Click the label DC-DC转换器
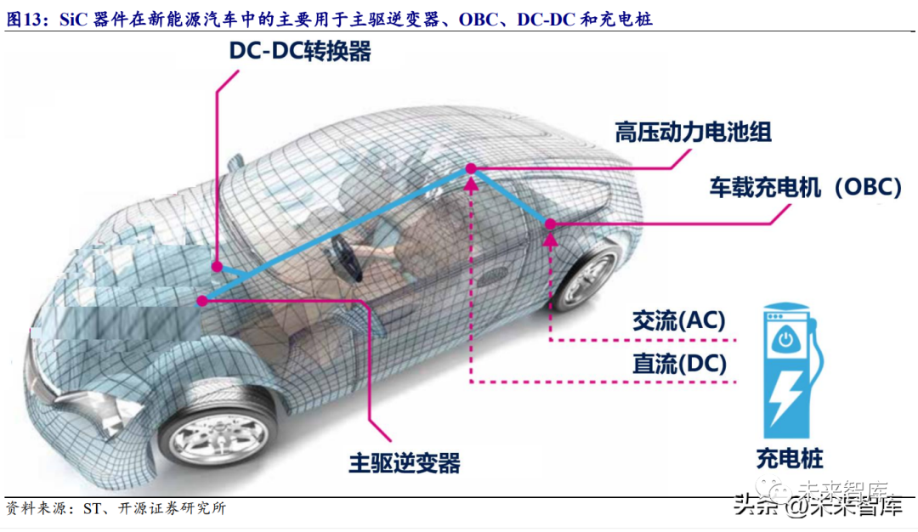pos(299,51)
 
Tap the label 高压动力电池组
pos(693,132)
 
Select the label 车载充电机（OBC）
pos(804,187)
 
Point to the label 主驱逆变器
pos(405,463)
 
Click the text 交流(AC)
pos(678,320)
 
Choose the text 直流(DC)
pos(678,364)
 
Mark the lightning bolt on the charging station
pos(787,397)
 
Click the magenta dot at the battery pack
pos(468,170)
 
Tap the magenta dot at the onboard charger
pos(551,224)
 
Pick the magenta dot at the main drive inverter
pos(202,299)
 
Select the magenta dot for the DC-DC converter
pos(218,265)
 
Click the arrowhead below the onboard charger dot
pos(551,241)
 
